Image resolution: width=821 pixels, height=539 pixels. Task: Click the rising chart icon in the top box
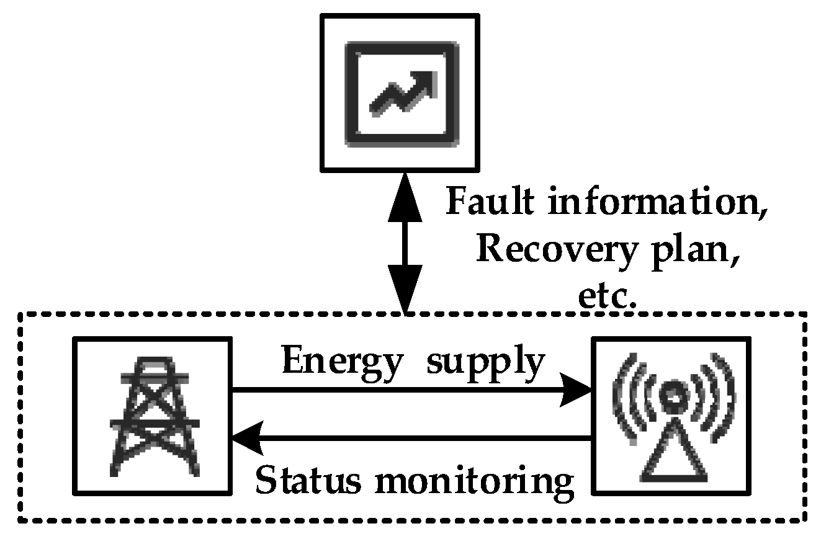(x=402, y=94)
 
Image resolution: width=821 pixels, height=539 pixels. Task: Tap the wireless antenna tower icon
(x=671, y=416)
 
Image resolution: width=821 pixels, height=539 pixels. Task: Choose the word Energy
(x=342, y=361)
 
